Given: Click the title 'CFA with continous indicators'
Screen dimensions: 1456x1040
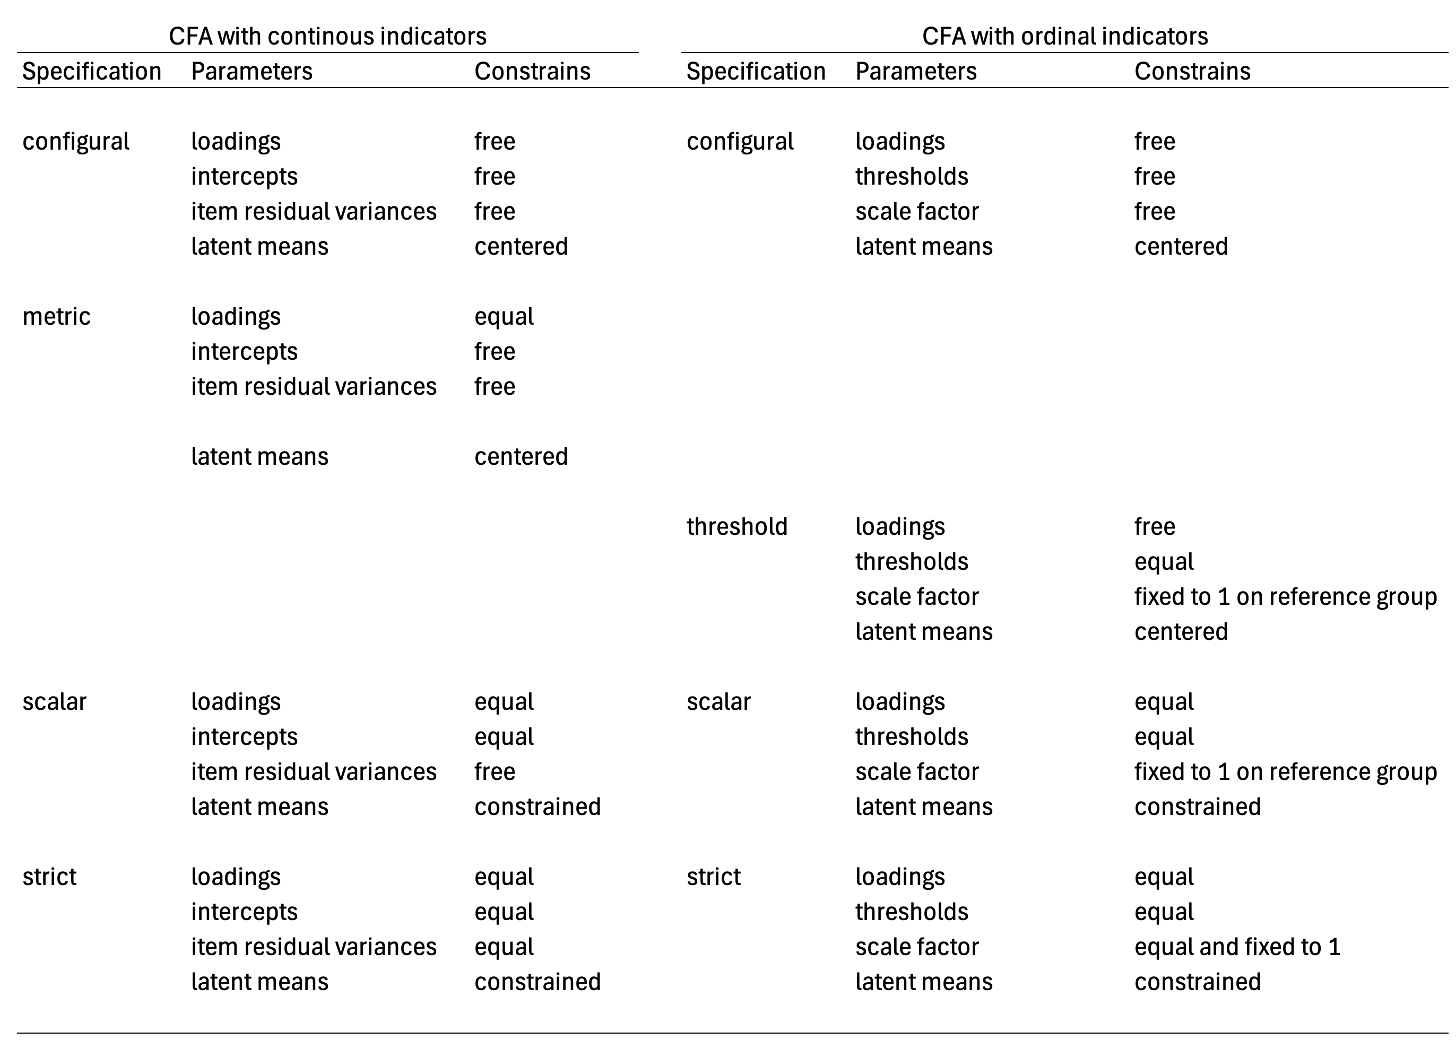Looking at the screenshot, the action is pos(327,36).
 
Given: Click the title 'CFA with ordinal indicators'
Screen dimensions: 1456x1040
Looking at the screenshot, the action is pos(1065,36).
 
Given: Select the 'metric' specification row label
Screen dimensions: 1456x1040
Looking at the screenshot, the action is pos(56,316).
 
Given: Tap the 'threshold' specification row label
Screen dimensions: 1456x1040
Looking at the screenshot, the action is pos(737,526).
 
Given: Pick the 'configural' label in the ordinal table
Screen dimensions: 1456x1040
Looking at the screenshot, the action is pos(740,142).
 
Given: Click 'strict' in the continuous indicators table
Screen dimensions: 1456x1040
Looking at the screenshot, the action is pos(49,877).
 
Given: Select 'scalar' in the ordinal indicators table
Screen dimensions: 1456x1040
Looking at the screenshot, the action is pos(718,702).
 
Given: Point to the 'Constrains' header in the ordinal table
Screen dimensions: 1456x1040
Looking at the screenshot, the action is pos(1192,71).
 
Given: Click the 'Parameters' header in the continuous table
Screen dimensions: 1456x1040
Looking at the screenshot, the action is pos(252,71).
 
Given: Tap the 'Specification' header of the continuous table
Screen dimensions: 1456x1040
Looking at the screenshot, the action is pos(92,72).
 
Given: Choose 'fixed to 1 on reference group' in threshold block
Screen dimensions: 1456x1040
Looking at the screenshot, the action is pos(1286,597).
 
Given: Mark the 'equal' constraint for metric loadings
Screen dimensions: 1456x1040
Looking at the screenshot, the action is pos(504,317).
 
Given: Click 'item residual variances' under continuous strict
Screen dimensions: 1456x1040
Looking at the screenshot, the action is pos(314,947).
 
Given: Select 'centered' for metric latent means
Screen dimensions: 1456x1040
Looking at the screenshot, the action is pos(521,457).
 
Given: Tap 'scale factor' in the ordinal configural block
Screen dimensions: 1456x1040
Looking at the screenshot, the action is pos(917,211).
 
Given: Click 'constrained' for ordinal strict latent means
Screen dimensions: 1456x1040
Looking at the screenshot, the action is pos(1197,982).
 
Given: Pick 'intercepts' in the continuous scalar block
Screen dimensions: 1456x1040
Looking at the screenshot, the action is pos(244,737).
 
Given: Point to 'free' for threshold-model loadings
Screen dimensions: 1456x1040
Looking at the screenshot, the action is pos(1155,526).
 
